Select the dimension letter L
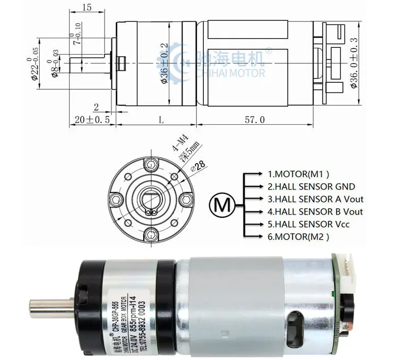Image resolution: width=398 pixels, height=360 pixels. click(161, 119)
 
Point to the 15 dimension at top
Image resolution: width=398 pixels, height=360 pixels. click(88, 7)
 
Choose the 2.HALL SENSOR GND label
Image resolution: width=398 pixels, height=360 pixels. click(311, 186)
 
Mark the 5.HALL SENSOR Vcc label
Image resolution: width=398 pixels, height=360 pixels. click(308, 224)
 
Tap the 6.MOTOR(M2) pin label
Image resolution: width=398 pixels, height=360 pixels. click(298, 237)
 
